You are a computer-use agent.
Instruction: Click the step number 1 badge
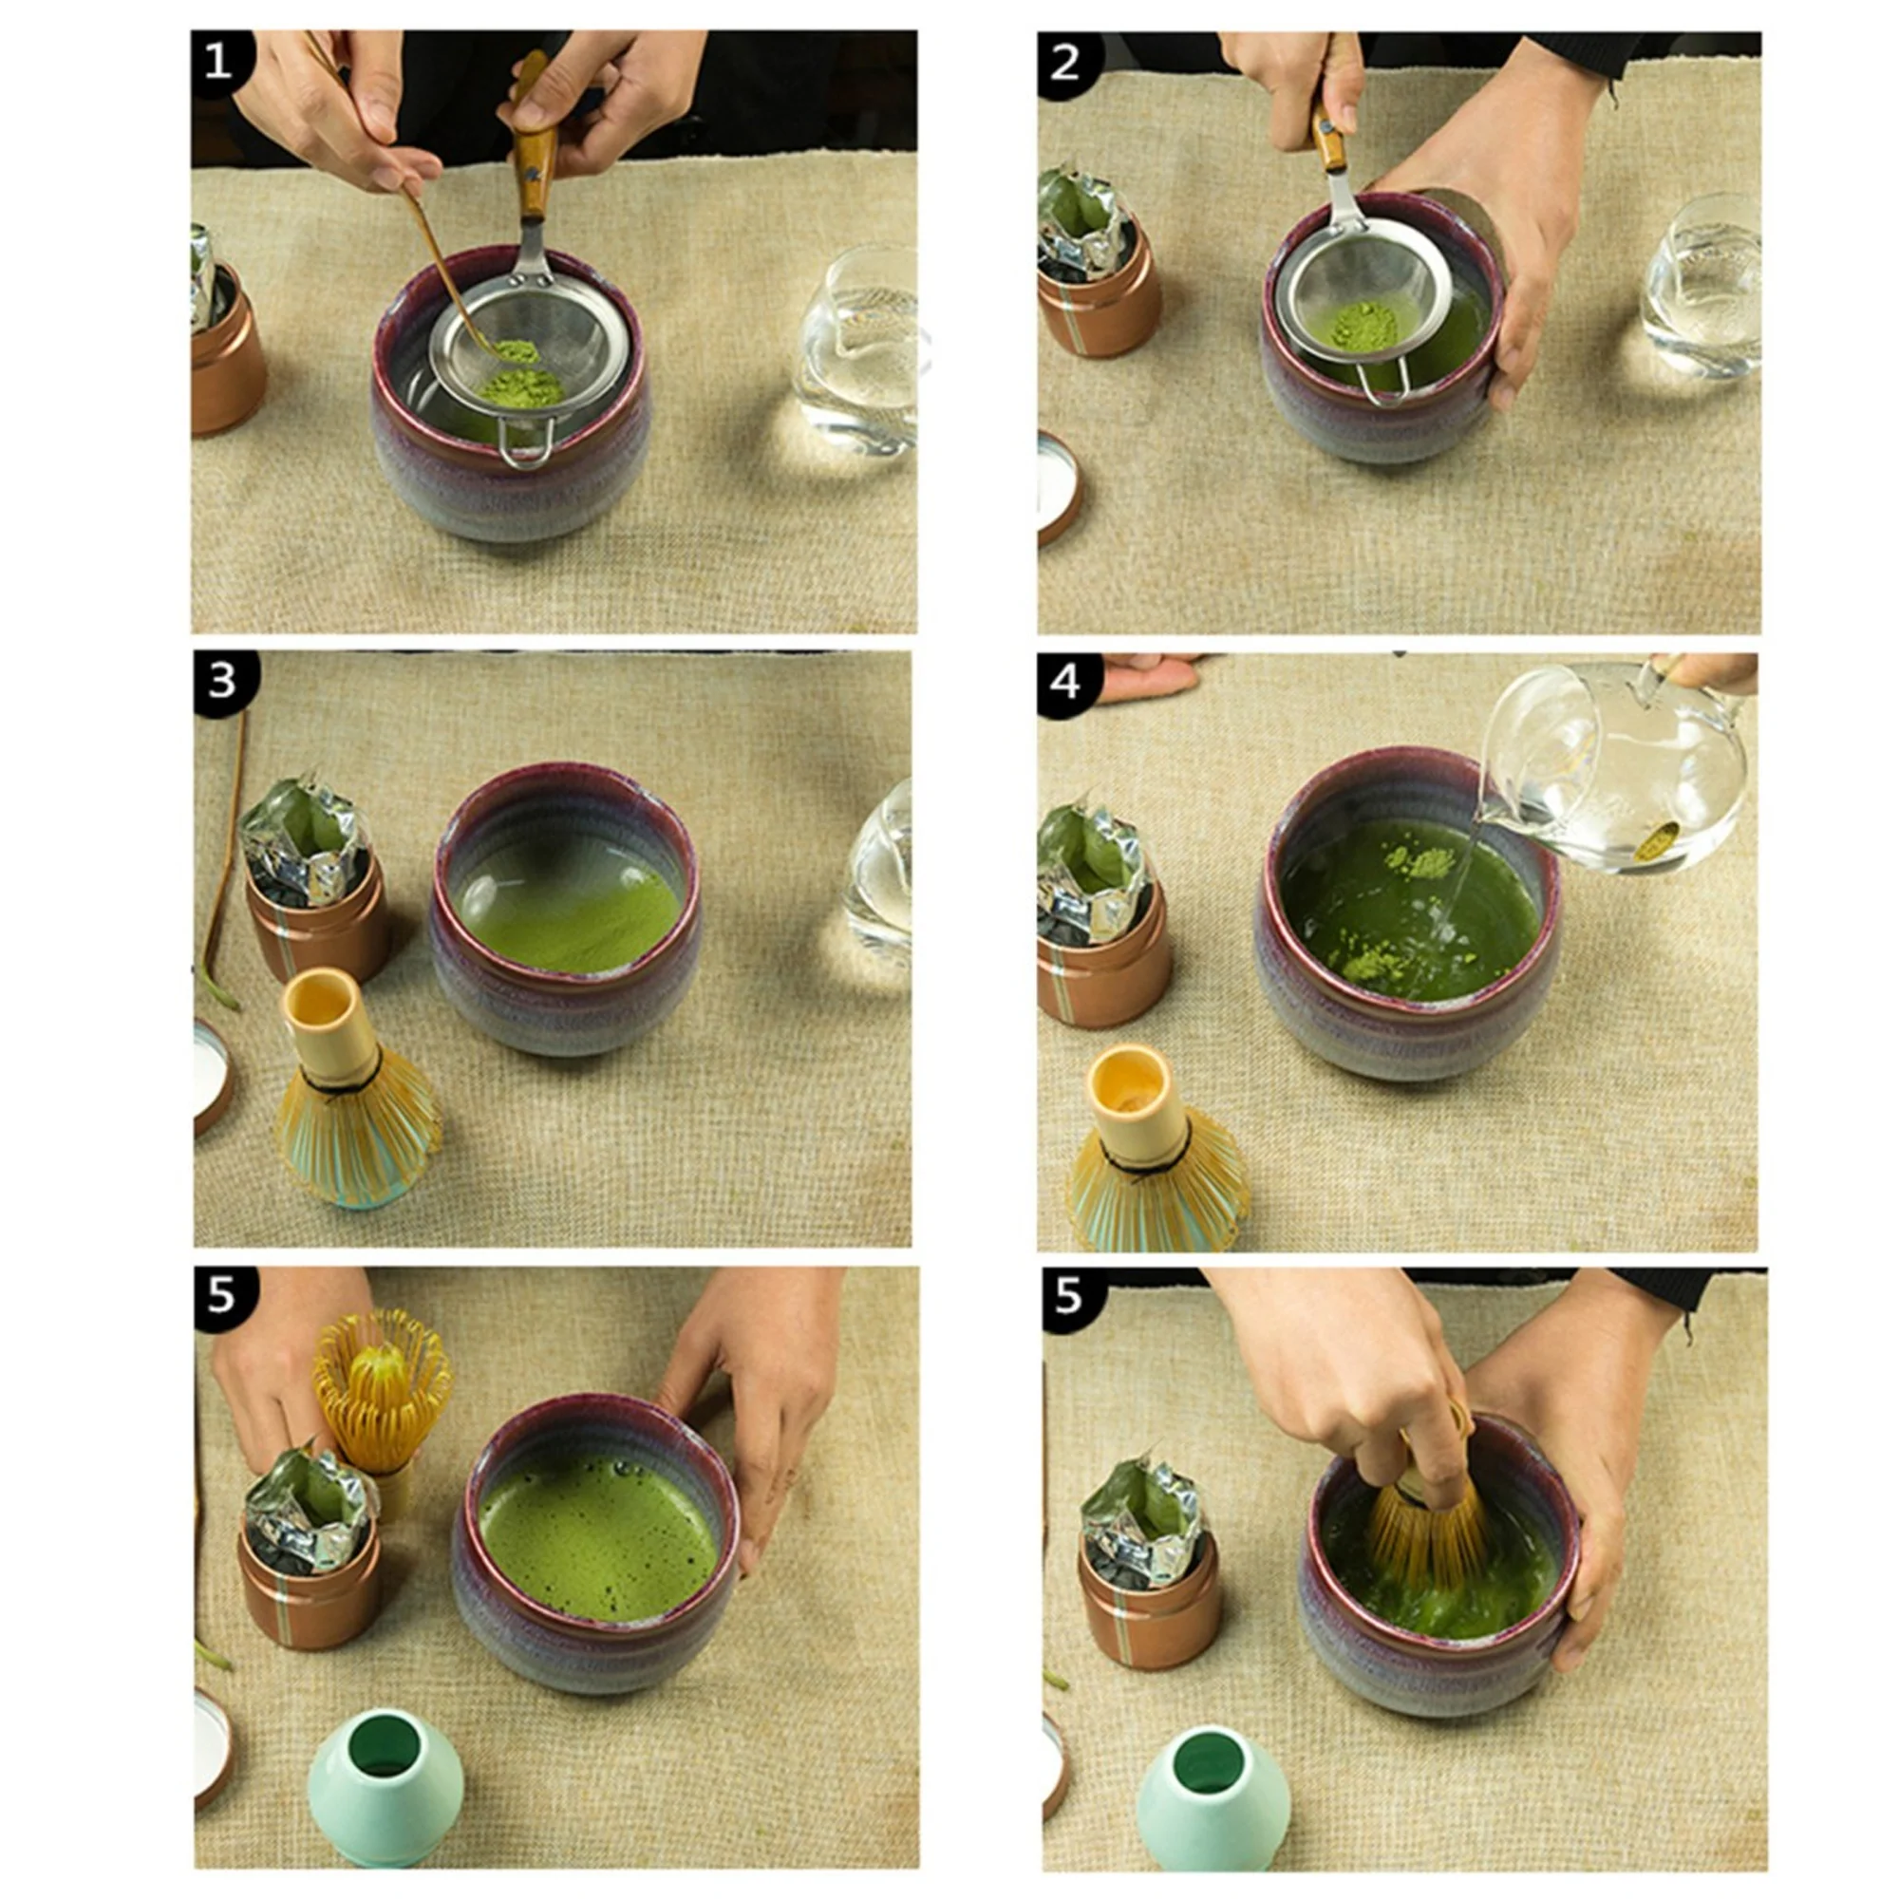point(218,62)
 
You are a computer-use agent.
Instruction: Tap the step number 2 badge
point(1064,63)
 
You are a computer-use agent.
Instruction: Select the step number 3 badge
point(223,680)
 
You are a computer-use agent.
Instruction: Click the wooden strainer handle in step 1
point(535,158)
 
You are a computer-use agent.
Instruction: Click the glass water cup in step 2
point(1701,285)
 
